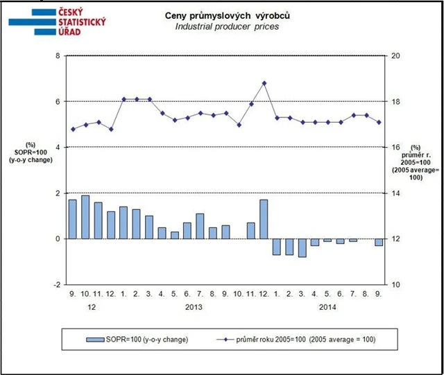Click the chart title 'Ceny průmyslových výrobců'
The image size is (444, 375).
[x=225, y=15]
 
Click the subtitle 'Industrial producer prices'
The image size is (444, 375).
[x=225, y=26]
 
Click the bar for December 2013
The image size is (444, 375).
[x=264, y=219]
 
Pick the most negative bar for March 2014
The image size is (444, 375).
[x=302, y=247]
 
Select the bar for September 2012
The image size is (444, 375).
[x=72, y=219]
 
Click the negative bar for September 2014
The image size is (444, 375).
[x=378, y=242]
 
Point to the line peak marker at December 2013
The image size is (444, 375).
[x=264, y=83]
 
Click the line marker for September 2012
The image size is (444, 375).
[x=72, y=129]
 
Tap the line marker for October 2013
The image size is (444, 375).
[x=239, y=125]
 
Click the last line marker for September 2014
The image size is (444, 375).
[x=378, y=123]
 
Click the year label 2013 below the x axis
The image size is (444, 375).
[x=194, y=305]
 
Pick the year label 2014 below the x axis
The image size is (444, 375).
[x=327, y=305]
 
